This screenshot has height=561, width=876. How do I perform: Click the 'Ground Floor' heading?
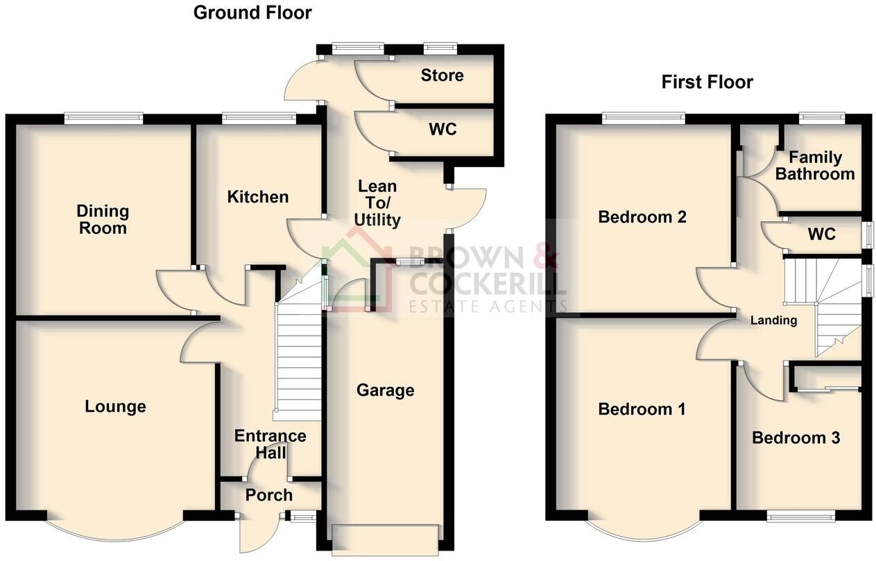(x=252, y=12)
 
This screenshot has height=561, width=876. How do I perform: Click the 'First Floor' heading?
(x=707, y=83)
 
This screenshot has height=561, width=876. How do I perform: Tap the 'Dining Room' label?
(x=103, y=219)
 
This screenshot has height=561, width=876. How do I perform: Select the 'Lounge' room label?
(x=115, y=406)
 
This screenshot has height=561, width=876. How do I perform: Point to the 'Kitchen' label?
(x=258, y=197)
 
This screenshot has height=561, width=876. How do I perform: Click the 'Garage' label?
(x=385, y=390)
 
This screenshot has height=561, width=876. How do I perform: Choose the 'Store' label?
(x=442, y=75)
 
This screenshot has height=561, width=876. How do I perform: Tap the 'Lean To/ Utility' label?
(x=377, y=203)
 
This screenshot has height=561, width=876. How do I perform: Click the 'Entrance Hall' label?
(x=270, y=445)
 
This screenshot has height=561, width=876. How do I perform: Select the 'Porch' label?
(x=269, y=495)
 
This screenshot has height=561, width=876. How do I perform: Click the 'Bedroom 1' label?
(x=642, y=409)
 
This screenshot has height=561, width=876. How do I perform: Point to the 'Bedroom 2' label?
(x=642, y=217)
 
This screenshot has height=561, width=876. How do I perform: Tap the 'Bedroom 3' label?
(x=796, y=438)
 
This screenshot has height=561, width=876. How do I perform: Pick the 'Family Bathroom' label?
(x=815, y=166)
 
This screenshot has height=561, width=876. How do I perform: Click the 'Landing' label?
(x=774, y=320)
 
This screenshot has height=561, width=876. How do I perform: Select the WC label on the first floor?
(x=822, y=234)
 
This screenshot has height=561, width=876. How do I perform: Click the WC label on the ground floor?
(x=442, y=129)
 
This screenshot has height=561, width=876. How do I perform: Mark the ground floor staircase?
(x=299, y=361)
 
